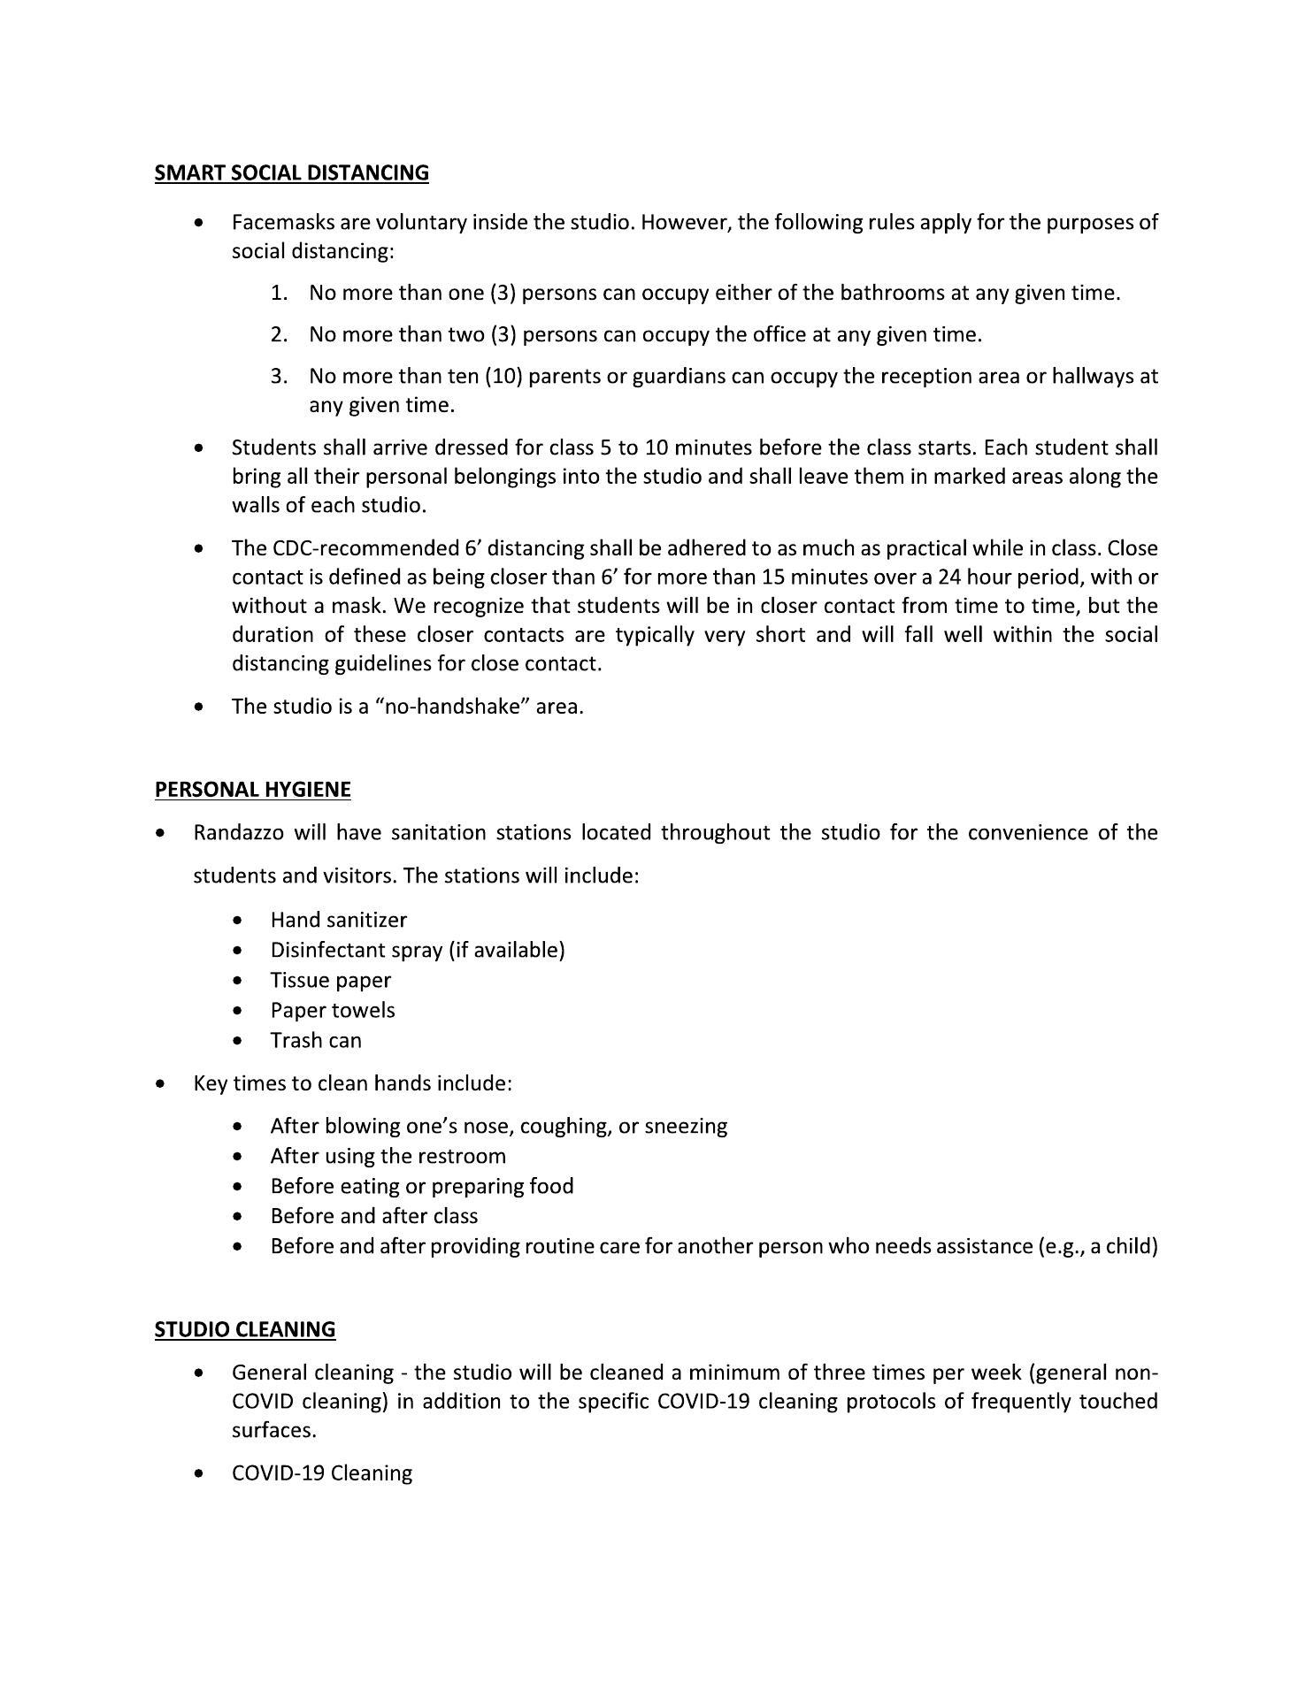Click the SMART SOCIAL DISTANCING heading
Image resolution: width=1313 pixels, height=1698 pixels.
[x=291, y=172]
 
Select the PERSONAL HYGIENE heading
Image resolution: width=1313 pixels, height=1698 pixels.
[x=252, y=789]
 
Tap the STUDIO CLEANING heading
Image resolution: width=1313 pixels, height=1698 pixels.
[x=245, y=1329]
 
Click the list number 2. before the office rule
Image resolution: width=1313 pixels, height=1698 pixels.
[x=280, y=334]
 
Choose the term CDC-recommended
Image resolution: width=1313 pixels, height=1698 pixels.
[x=345, y=548]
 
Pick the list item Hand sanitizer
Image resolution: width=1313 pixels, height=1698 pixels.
[x=338, y=920]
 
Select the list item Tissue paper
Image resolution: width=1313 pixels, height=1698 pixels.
[x=330, y=980]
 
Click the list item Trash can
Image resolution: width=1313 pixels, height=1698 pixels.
[x=316, y=1040]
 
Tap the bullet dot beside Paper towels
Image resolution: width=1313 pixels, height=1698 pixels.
[x=237, y=1010]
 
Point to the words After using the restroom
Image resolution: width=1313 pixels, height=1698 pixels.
[x=388, y=1156]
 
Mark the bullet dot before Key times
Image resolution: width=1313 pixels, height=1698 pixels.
[x=159, y=1083]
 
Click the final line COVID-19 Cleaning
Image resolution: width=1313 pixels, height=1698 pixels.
[x=321, y=1472]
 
